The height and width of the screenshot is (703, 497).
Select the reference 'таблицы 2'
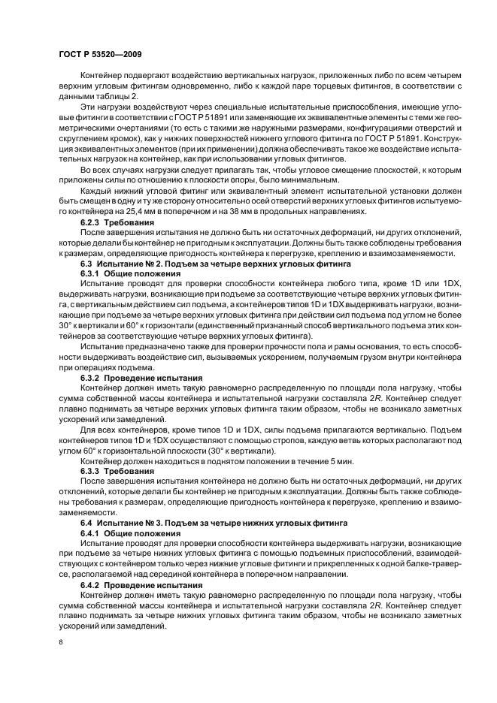[97, 98]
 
